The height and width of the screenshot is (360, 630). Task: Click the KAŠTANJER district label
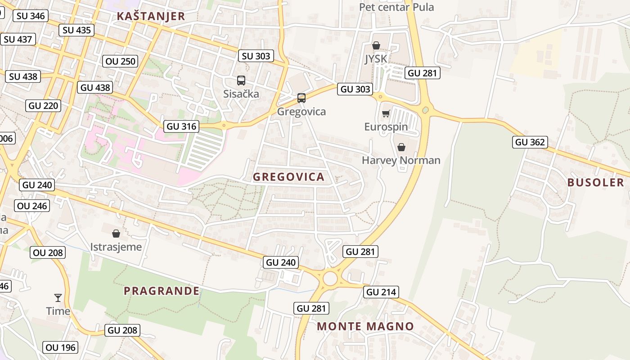[151, 17]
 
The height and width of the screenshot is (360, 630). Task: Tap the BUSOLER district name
[595, 182]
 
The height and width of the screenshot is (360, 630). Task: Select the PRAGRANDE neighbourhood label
[162, 291]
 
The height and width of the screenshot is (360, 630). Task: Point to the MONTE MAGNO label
[365, 326]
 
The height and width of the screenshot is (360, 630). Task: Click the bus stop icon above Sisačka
[241, 81]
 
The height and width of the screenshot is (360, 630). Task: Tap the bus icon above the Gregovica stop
[301, 98]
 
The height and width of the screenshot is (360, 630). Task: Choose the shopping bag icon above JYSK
[376, 45]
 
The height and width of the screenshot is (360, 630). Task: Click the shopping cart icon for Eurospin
[386, 113]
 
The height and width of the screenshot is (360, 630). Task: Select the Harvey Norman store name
[401, 160]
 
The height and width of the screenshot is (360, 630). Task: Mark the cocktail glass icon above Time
[58, 297]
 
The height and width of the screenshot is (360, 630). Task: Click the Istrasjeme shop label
[116, 247]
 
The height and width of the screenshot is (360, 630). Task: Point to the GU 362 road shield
[530, 142]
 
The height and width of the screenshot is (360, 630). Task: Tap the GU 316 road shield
[182, 126]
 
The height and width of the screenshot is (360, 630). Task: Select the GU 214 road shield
[381, 292]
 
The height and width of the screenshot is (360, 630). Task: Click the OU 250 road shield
[120, 61]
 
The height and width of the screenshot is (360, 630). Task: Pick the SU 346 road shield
[30, 16]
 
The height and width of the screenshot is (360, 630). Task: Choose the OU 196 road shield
[61, 347]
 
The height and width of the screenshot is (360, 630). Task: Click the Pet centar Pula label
[396, 7]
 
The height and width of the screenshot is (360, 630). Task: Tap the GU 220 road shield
[43, 106]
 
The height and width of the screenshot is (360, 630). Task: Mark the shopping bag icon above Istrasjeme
[116, 233]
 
